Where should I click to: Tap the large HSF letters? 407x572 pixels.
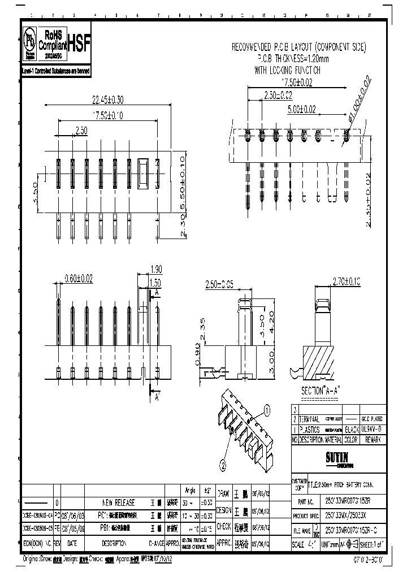click(x=79, y=41)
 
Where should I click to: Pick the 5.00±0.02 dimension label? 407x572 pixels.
click(x=301, y=109)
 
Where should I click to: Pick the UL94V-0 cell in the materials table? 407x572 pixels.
click(x=373, y=430)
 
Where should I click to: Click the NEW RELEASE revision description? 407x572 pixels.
click(x=118, y=502)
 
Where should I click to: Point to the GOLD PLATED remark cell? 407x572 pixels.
click(x=373, y=419)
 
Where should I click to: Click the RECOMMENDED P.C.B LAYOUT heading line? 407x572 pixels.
click(x=299, y=47)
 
